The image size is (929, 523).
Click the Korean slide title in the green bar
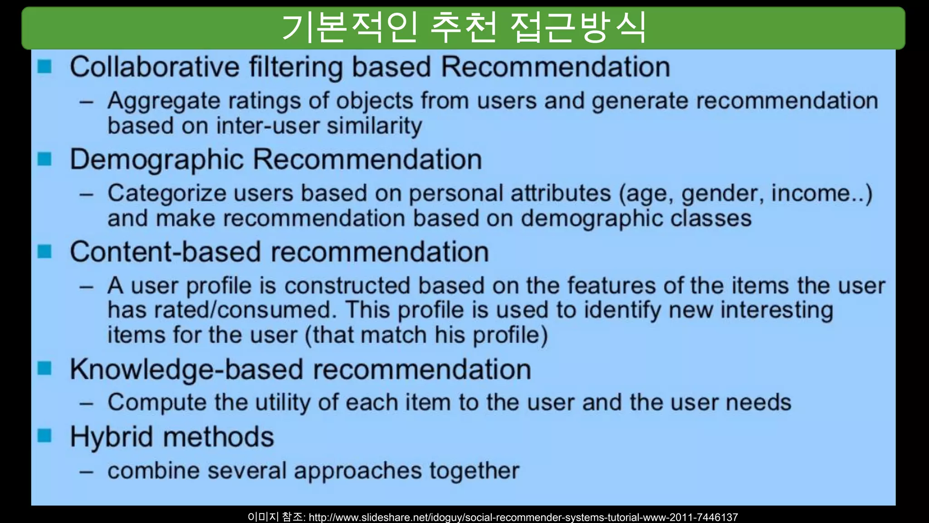464,28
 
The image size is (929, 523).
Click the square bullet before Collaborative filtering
44,67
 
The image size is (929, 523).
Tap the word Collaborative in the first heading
154,67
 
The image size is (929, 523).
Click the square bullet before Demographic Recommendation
44,159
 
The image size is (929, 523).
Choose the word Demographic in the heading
157,160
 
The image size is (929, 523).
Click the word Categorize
166,194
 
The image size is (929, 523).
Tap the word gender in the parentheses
719,194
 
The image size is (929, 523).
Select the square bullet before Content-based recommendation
44,252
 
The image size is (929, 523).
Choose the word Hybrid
112,437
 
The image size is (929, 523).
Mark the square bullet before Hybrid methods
44,436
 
